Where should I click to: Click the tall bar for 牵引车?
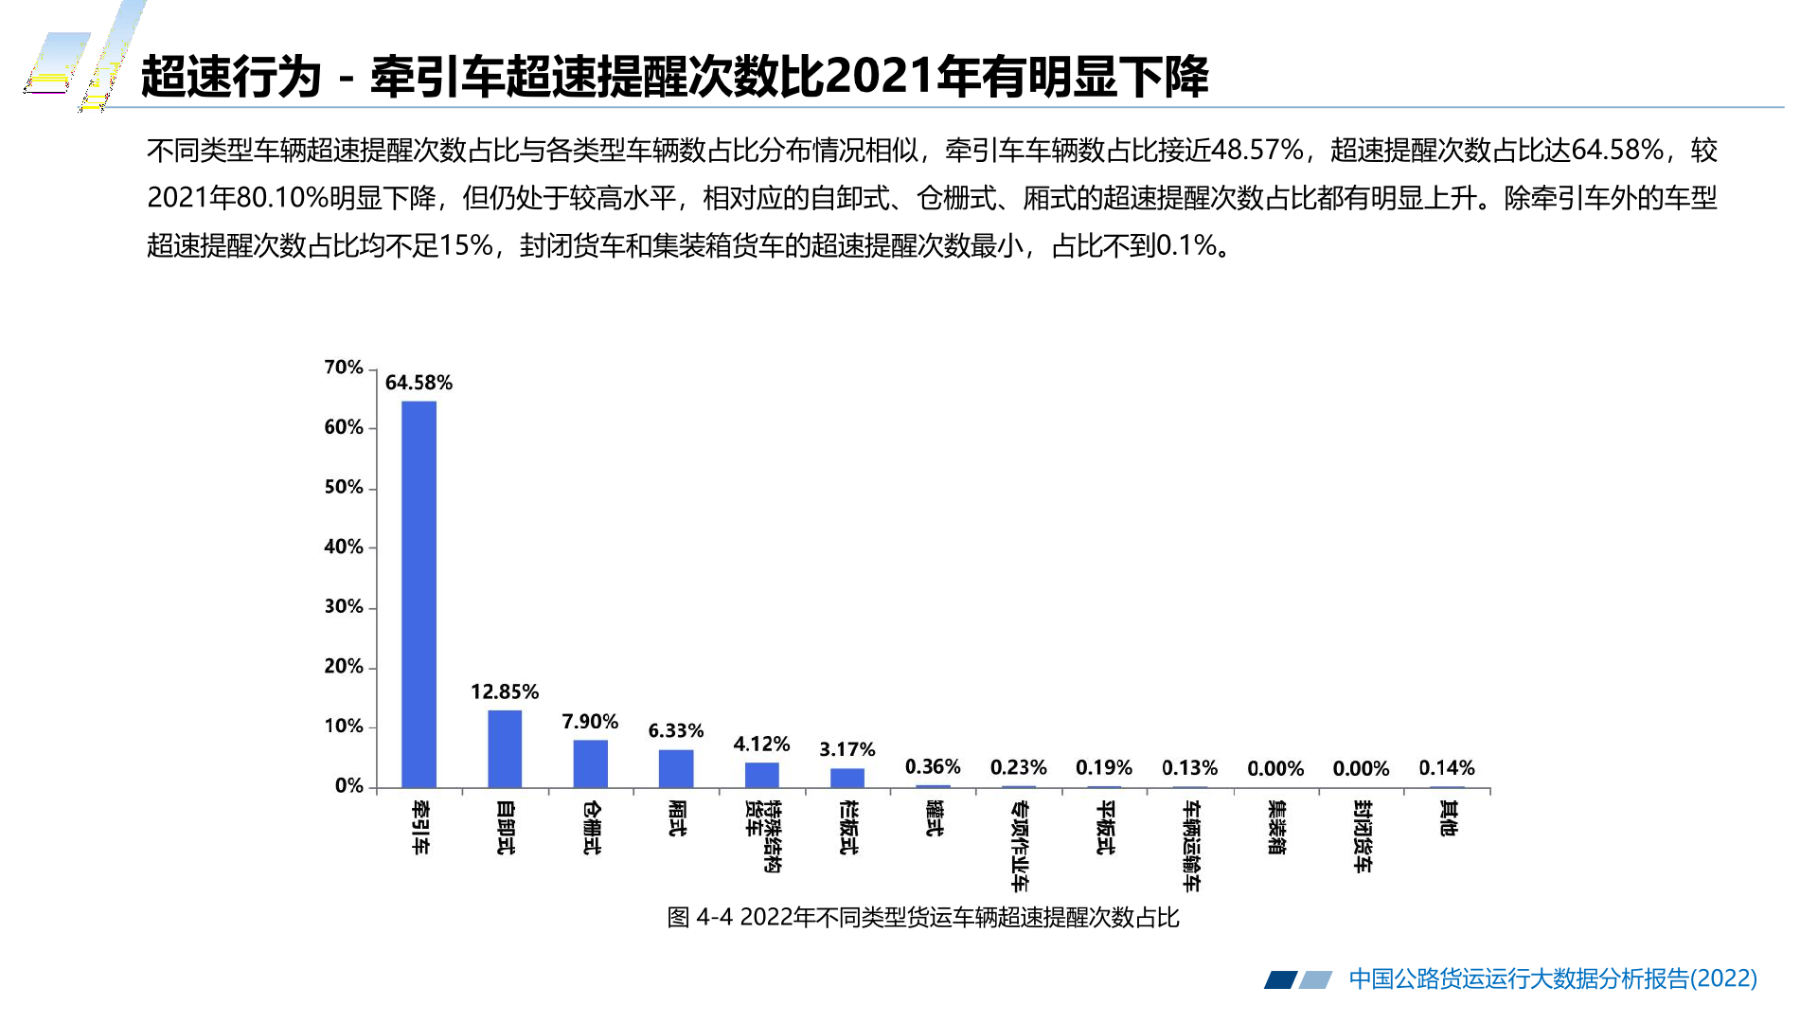pos(419,594)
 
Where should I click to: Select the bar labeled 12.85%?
pos(505,748)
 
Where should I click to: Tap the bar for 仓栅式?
pos(591,763)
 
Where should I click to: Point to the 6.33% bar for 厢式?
pos(676,768)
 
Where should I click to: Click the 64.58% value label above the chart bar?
pos(419,383)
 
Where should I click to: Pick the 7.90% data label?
pos(590,722)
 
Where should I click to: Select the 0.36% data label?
pos(933,766)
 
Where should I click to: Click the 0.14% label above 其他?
pos(1447,768)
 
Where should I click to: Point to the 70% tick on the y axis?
pos(344,368)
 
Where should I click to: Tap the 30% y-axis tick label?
pos(344,606)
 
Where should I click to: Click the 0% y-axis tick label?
pos(349,786)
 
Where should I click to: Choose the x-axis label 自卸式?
pos(505,828)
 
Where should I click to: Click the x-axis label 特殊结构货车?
pos(762,835)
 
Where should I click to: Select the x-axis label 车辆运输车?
pos(1191,846)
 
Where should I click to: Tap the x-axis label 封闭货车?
pos(1362,835)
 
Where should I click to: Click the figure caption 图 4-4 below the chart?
pos(923,917)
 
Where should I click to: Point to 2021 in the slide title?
pos(881,76)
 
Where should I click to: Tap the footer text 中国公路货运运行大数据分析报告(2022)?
pos(1553,978)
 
